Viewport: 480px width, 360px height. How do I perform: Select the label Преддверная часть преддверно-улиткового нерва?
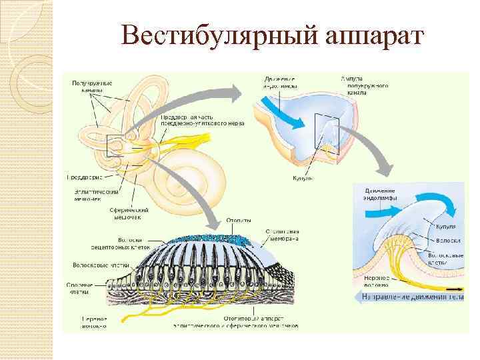201,119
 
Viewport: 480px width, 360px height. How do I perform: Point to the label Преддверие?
83,177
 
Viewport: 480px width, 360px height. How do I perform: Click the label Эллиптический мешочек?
96,194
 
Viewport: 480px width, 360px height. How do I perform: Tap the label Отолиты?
238,220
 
